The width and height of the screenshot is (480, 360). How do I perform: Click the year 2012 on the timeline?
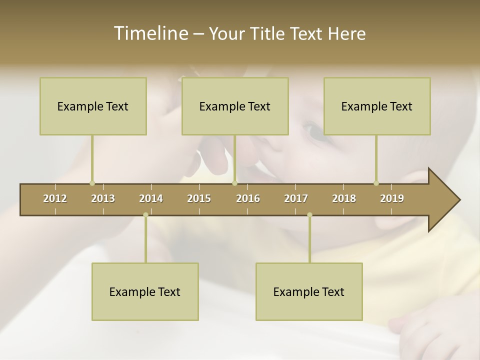(55, 198)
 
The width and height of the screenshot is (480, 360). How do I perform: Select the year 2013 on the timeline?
(103, 198)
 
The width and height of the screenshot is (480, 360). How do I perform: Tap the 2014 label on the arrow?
(151, 198)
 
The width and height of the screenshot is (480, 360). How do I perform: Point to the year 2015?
(199, 198)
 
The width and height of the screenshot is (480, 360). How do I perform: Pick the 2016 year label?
(248, 198)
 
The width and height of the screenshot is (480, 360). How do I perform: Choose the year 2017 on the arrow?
(296, 198)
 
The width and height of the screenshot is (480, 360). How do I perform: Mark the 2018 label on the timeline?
(344, 198)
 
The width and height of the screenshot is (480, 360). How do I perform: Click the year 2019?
(392, 198)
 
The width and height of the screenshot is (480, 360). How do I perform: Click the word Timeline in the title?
(150, 33)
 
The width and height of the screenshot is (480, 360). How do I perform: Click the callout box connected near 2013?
(93, 106)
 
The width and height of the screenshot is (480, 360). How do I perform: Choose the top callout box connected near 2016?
(235, 106)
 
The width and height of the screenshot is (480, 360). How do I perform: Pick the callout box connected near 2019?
(377, 106)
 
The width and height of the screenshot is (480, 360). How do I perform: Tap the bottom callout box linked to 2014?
(145, 291)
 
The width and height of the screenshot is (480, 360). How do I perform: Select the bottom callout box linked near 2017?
(309, 291)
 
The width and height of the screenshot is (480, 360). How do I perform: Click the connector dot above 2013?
(92, 183)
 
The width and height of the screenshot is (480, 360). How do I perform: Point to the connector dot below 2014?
(145, 215)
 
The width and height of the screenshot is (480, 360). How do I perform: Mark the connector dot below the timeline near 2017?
(309, 215)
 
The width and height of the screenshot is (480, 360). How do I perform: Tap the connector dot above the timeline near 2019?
(376, 183)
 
